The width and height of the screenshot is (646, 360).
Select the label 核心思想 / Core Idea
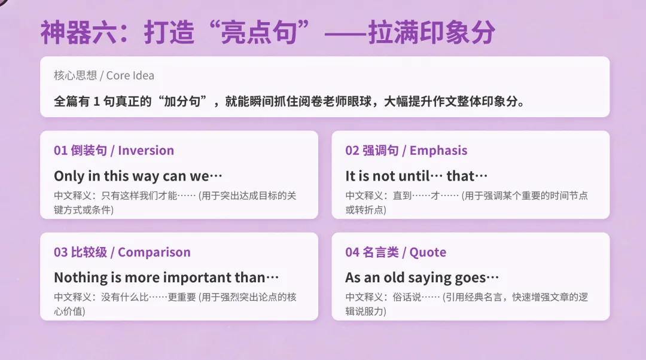pos(104,75)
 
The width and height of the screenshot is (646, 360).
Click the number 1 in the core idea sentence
pos(97,101)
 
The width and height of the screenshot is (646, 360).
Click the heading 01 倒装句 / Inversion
pos(114,151)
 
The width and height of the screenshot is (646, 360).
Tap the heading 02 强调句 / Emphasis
pos(406,151)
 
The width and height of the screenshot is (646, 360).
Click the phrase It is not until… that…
pos(416,176)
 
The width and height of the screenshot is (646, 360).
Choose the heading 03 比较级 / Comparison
pos(122,252)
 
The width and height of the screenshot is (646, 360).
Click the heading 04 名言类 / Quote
pos(395,252)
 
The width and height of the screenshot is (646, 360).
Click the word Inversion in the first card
pos(146,151)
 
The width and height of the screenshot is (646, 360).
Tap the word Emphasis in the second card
pos(438,151)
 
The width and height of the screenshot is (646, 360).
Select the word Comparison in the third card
pos(154,252)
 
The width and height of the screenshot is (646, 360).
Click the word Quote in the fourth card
pos(428,252)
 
